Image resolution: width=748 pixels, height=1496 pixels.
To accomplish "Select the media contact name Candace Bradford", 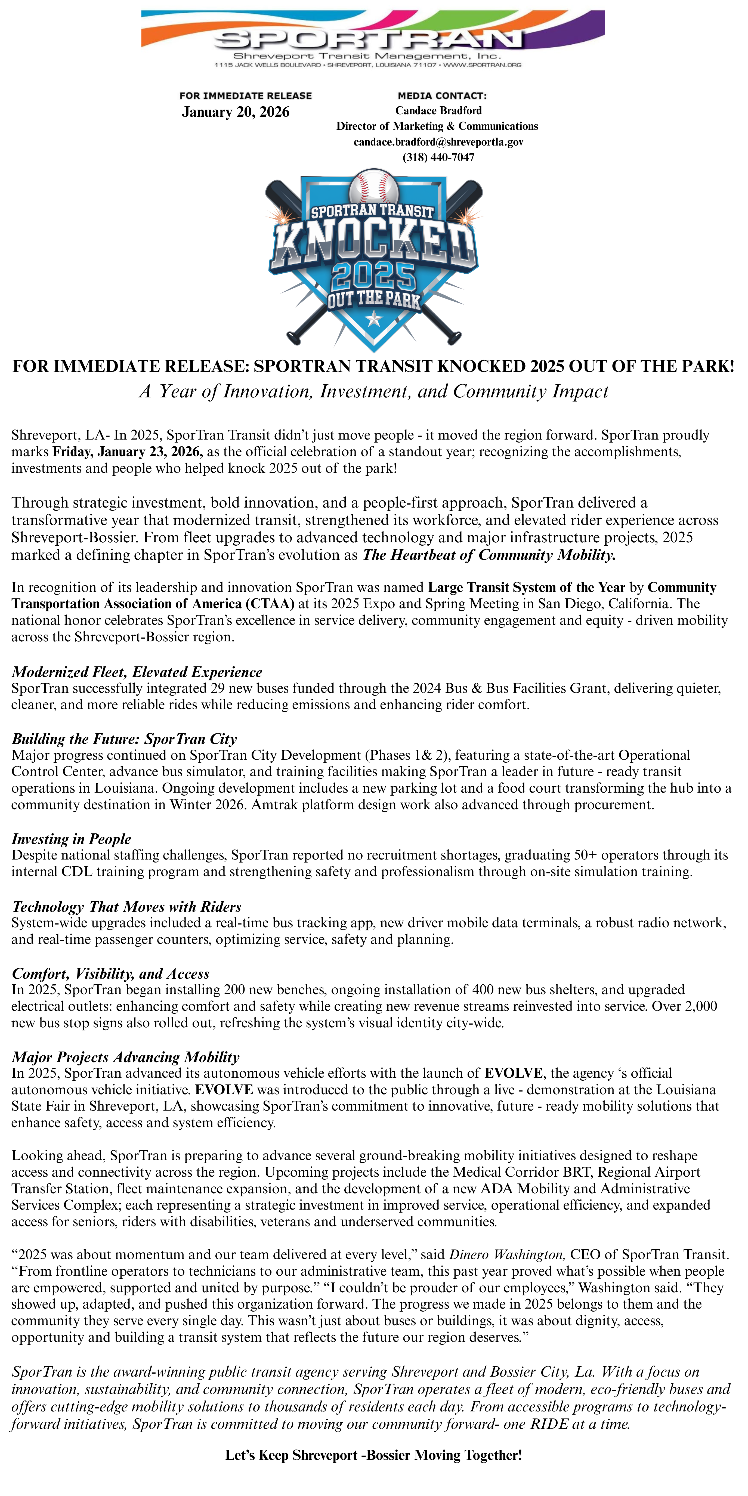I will point(438,110).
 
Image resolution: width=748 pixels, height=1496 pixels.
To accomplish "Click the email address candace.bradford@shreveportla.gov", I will point(438,142).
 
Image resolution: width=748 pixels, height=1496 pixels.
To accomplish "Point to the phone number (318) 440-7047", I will point(438,157).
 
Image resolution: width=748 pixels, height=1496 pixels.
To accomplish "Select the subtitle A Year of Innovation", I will point(373,391).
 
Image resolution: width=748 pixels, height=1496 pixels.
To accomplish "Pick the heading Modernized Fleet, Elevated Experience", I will point(137,672).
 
